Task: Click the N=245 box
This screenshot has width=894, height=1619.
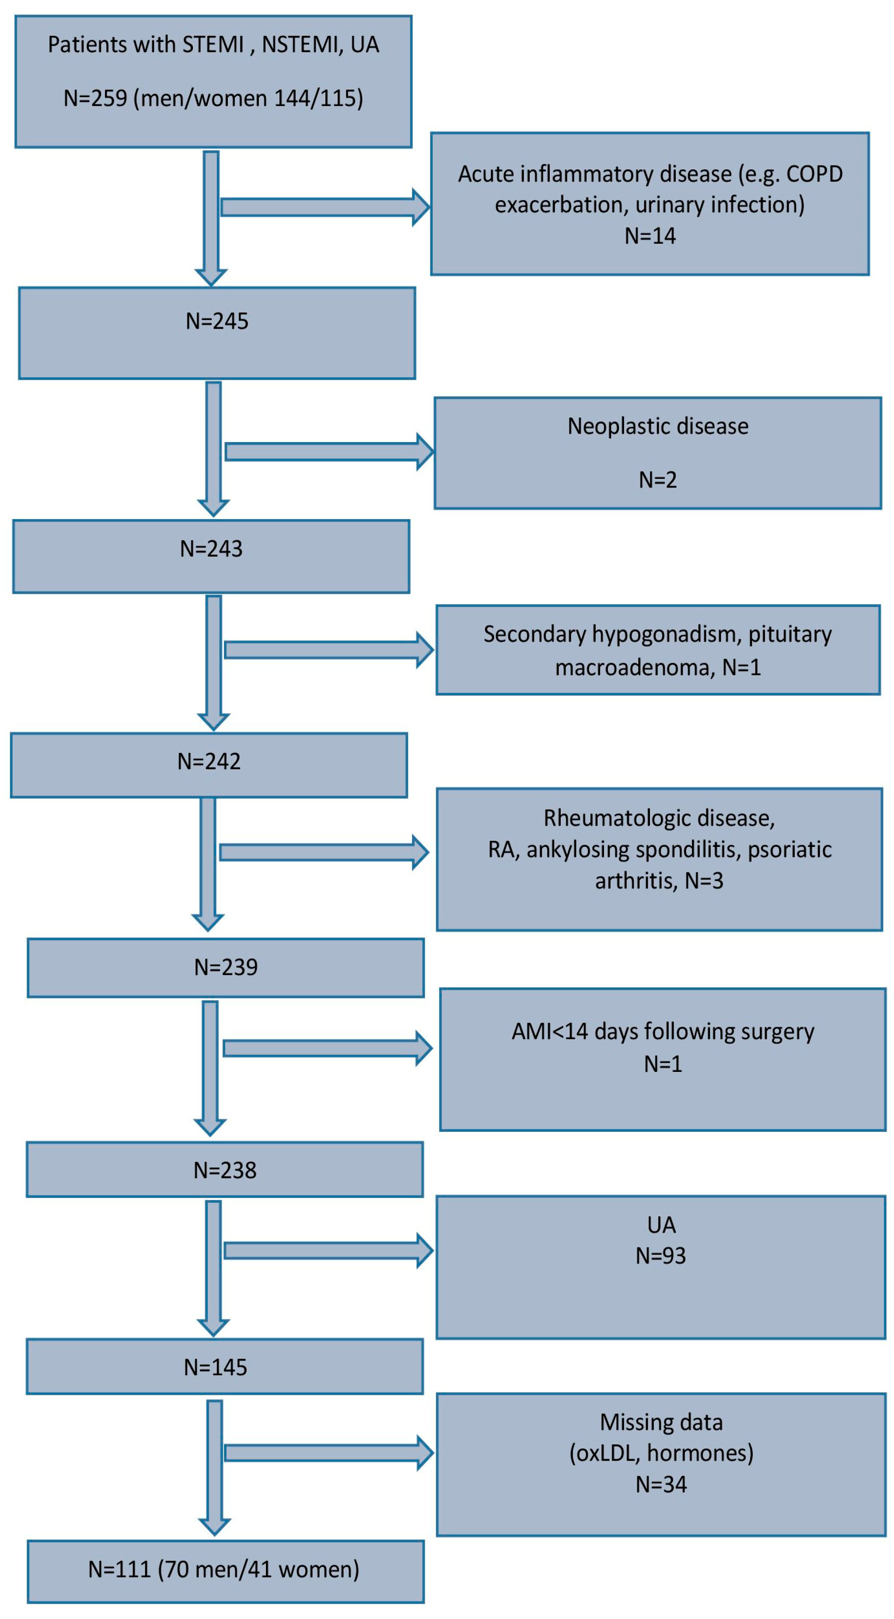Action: pyautogui.click(x=217, y=333)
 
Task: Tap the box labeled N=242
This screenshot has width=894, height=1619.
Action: pyautogui.click(x=209, y=765)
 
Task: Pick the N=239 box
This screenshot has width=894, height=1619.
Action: pyautogui.click(x=226, y=968)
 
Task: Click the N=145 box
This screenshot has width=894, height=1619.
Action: pyautogui.click(x=224, y=1367)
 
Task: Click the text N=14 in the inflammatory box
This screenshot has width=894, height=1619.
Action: pyautogui.click(x=650, y=235)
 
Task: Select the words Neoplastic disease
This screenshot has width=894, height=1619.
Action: pyautogui.click(x=658, y=426)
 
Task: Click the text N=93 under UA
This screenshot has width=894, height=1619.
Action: pyautogui.click(x=660, y=1255)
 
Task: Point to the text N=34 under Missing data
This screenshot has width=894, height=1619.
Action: pyautogui.click(x=661, y=1485)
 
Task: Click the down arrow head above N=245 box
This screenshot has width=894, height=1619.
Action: pyautogui.click(x=211, y=277)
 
